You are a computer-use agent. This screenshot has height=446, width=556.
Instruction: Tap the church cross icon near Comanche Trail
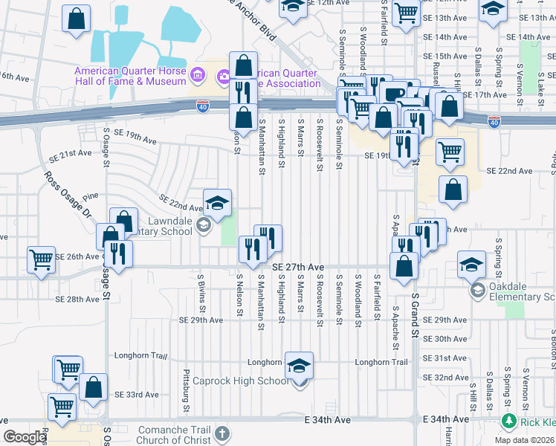pos(222,433)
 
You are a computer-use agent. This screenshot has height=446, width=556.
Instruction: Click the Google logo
pos(24,437)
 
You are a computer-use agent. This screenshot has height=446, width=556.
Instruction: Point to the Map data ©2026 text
pos(523,440)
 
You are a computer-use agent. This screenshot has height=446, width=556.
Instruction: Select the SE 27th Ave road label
pos(298,267)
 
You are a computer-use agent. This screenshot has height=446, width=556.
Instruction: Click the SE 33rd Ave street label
pos(136,395)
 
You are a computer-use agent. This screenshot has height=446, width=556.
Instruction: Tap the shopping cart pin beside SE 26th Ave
pos(42,259)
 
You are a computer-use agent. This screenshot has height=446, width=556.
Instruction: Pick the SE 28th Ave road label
pos(77,299)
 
